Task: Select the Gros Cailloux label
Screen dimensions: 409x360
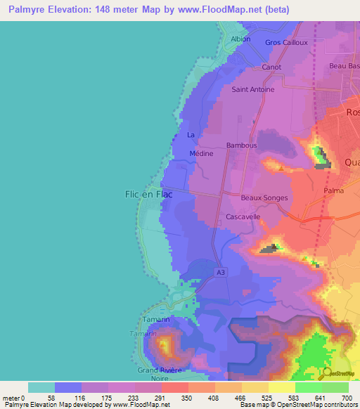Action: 286,42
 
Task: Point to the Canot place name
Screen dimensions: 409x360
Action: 271,67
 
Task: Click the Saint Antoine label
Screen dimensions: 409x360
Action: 253,90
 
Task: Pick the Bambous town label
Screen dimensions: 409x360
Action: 242,145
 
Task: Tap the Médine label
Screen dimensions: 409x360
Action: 202,153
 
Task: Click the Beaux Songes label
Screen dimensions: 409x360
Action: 264,198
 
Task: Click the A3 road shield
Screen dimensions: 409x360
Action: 221,273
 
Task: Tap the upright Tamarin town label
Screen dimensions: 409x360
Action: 156,319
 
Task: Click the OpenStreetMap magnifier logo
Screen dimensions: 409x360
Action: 327,372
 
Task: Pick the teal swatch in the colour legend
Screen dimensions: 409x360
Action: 41,387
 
